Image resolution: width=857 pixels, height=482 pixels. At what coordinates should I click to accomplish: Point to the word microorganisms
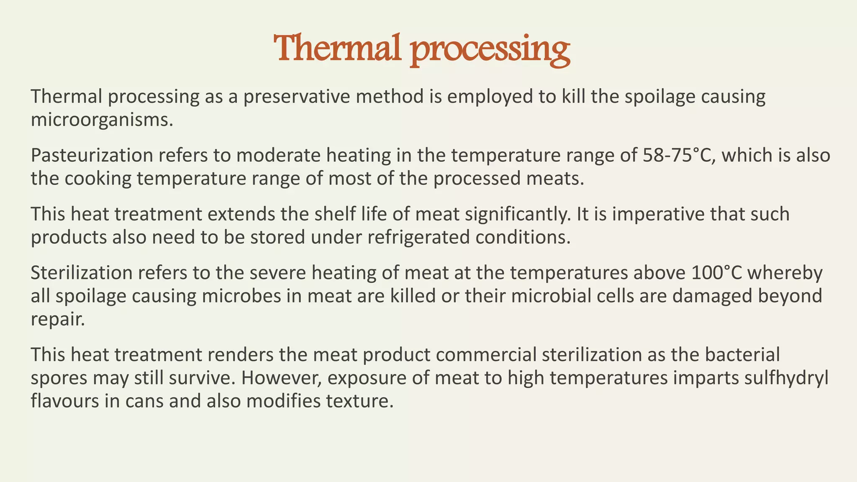[x=101, y=120]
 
